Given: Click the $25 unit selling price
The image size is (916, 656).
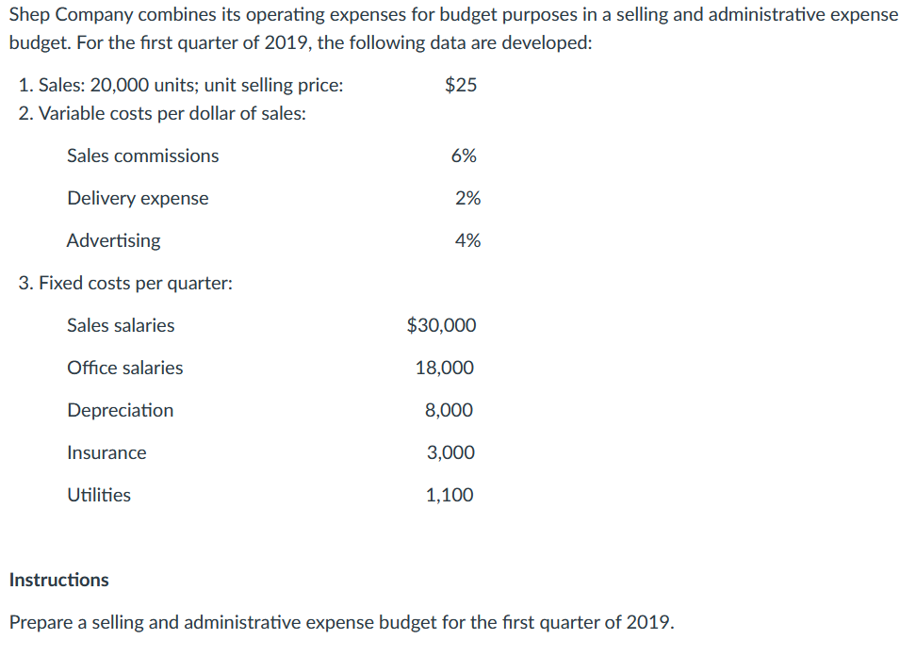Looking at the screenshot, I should tap(461, 85).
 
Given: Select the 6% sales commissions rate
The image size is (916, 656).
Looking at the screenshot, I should tap(464, 156).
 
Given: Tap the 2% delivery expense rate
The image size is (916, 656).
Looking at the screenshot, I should tap(467, 198).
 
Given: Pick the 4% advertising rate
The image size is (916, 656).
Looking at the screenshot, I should tap(467, 240).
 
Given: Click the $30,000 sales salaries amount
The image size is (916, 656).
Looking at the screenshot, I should tap(441, 325).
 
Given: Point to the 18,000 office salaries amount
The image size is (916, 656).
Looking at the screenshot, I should tap(445, 368).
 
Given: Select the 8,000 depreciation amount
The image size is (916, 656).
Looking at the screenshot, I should tap(450, 410).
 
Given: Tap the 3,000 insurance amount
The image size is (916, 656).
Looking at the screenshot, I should tap(450, 452).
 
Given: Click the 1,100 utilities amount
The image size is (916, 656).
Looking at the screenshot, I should tap(450, 495).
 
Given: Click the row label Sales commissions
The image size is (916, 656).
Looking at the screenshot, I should tap(142, 156).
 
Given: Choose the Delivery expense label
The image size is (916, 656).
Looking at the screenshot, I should tap(138, 198).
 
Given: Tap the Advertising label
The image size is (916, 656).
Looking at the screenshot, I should tap(113, 240).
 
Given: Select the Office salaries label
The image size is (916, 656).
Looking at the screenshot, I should tap(125, 368).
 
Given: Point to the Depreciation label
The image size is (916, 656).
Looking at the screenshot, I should tap(120, 410).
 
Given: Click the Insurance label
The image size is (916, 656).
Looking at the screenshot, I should tap(106, 452).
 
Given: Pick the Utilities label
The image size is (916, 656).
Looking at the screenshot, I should tap(99, 495).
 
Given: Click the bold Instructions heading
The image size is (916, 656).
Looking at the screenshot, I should tap(58, 580).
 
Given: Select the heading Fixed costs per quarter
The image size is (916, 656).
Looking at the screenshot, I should tap(125, 283).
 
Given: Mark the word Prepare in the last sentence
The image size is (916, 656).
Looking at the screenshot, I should tap(40, 623).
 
